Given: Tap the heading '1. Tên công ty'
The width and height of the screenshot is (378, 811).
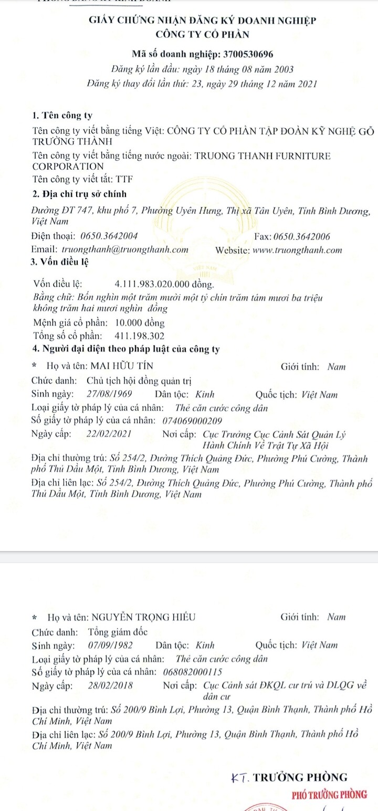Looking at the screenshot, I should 62,116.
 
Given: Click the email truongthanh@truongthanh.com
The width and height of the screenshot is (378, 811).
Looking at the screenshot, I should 125,250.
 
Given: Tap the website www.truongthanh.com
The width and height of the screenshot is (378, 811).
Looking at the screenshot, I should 297,251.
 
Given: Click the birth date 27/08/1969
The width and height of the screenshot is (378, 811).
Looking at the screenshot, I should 110,394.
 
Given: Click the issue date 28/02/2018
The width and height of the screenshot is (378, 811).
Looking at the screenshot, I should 111,685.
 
